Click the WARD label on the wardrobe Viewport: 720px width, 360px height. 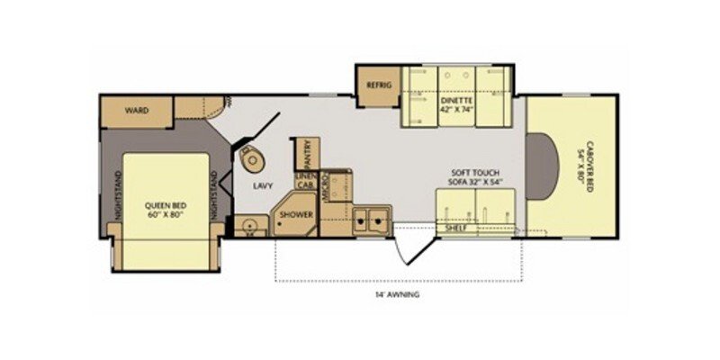[137, 111]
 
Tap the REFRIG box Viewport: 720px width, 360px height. [376, 85]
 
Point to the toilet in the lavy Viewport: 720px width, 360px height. [253, 159]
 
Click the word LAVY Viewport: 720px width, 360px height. [263, 185]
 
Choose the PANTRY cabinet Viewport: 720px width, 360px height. [308, 153]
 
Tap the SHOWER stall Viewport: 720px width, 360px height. [294, 215]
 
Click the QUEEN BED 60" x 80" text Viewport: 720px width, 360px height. [164, 210]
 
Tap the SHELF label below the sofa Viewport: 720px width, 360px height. [456, 229]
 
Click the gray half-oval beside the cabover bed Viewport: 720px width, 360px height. [541, 167]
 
